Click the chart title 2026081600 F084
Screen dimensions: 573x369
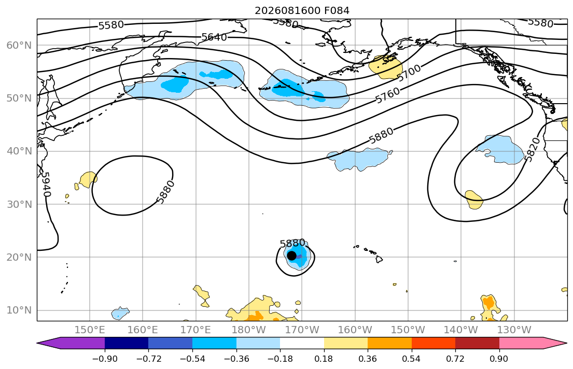tap(302, 10)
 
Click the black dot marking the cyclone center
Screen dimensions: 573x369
tap(291, 256)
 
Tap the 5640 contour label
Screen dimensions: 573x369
tap(214, 37)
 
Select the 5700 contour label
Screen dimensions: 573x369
tap(409, 73)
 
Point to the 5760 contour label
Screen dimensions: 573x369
tap(388, 95)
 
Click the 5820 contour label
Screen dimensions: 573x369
tap(532, 149)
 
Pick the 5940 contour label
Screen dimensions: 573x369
tap(45, 184)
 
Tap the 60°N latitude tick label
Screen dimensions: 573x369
tap(19, 45)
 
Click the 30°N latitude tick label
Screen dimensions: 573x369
tap(19, 204)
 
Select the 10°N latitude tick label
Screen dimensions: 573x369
tap(19, 310)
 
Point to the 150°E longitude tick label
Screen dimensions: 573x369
tap(90, 330)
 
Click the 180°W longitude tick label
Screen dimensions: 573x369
tap(249, 330)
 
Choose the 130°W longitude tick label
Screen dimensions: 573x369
tap(514, 330)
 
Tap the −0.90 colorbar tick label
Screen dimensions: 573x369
tap(105, 359)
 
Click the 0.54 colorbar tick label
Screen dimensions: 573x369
tap(412, 359)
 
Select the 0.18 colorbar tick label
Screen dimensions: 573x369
tap(324, 359)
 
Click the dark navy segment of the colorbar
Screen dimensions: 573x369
tap(127, 343)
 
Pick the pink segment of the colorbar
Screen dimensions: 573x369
tap(521, 343)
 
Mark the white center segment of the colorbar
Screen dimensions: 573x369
tap(302, 343)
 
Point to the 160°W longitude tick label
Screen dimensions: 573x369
tap(355, 330)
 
